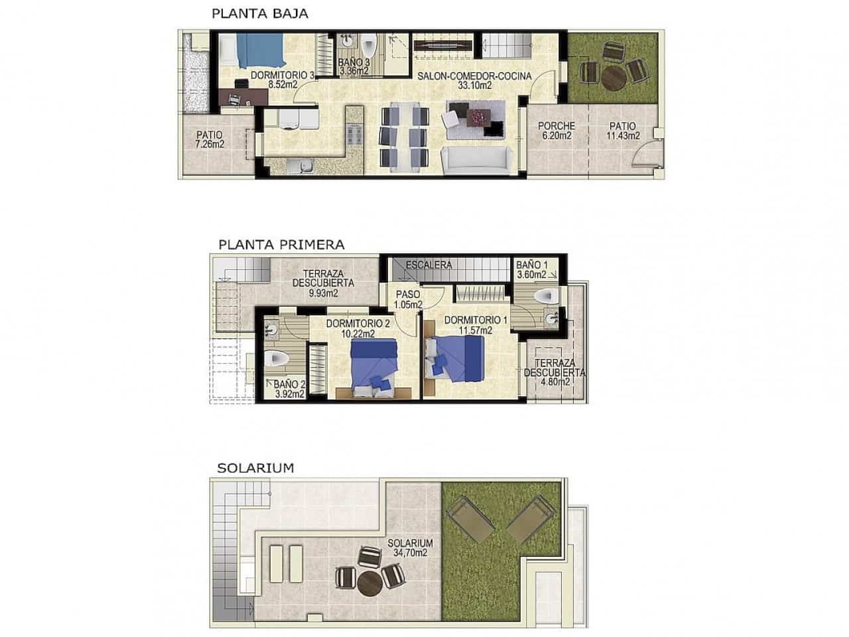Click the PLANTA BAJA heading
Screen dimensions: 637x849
click(x=259, y=13)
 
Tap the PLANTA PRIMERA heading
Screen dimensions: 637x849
click(x=281, y=244)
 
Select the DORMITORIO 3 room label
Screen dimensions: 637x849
click(x=283, y=76)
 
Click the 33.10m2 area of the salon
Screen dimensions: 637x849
click(x=474, y=86)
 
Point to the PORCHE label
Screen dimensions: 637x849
click(x=556, y=126)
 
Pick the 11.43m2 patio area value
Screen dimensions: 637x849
click(x=623, y=136)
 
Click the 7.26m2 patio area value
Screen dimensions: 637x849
click(x=210, y=143)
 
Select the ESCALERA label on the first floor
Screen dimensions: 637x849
click(x=429, y=265)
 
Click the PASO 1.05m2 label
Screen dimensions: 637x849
click(x=408, y=299)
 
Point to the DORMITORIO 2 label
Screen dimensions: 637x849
click(x=358, y=324)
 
